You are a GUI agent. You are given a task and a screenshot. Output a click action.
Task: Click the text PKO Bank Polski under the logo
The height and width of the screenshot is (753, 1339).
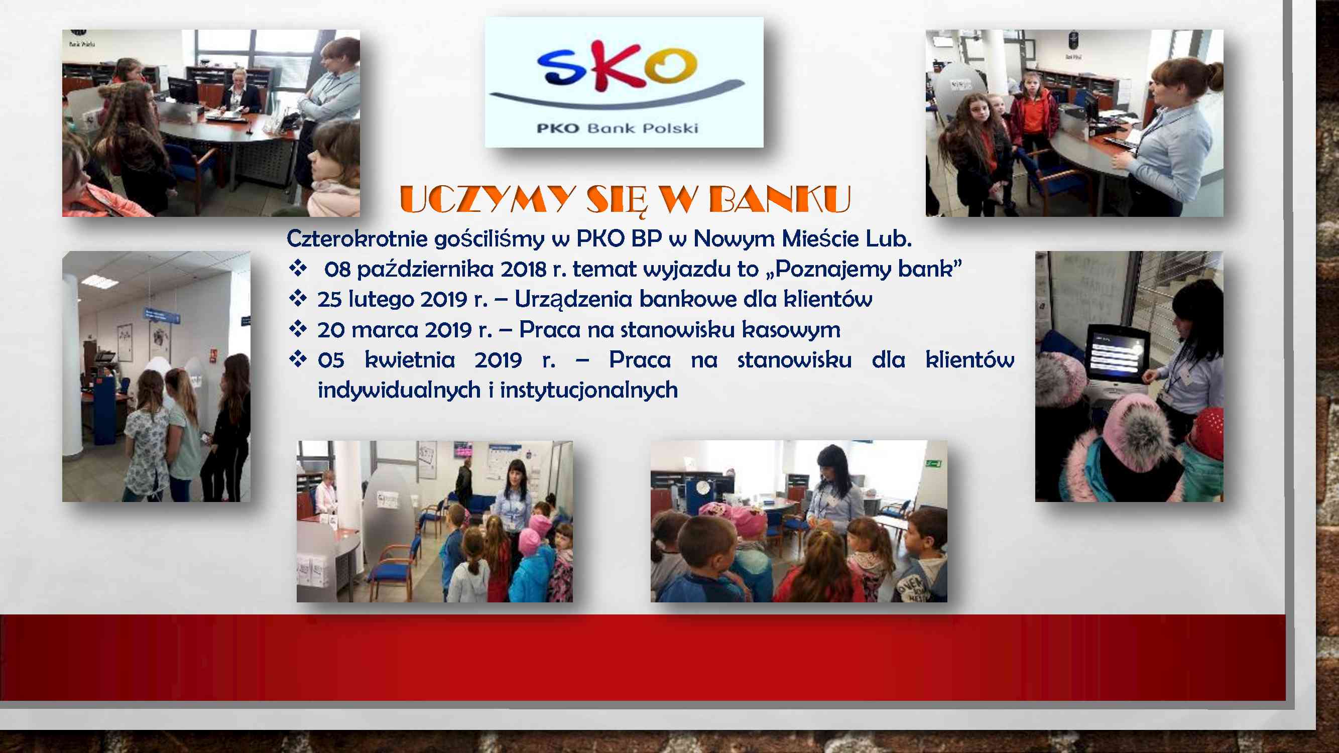617,128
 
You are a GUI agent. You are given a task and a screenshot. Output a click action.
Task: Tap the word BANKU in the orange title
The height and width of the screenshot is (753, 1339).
779,200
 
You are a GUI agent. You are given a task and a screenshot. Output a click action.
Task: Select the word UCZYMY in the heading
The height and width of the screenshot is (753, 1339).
487,200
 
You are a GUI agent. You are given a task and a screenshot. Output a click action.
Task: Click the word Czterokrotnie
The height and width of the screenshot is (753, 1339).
356,238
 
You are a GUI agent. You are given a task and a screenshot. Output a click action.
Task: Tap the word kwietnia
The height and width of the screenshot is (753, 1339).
410,359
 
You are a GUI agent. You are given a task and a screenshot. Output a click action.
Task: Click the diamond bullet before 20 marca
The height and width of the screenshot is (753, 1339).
298,328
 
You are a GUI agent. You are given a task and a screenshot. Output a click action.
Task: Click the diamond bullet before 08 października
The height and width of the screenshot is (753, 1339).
298,268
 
